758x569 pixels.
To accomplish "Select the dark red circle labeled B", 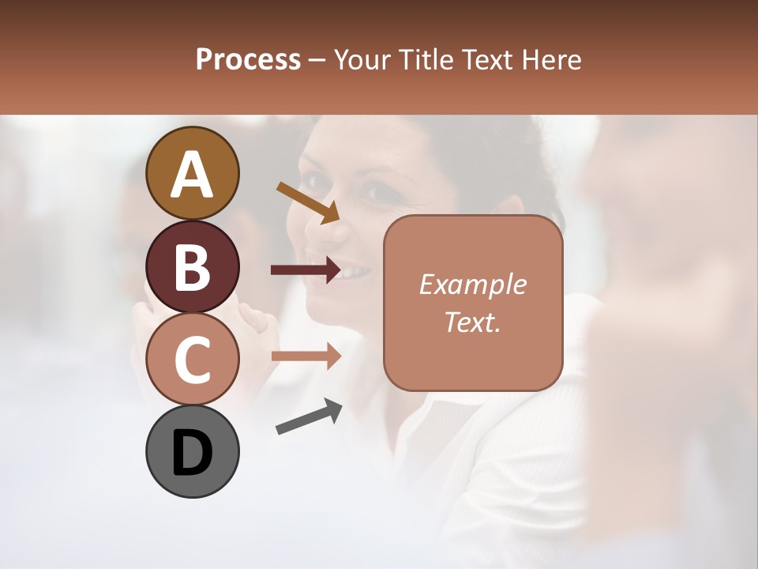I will tap(192, 266).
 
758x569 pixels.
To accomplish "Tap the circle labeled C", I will tap(192, 360).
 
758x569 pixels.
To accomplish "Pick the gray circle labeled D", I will tap(192, 452).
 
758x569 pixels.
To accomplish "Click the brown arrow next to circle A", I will tap(308, 202).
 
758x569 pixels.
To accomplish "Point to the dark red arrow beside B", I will tap(306, 270).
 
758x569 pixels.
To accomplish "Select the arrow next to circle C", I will tap(306, 356).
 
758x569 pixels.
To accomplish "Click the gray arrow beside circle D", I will tap(309, 416).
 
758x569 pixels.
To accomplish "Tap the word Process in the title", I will tap(248, 60).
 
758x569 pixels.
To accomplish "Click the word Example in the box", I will tap(472, 285).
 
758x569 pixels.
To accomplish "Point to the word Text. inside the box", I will tap(472, 322).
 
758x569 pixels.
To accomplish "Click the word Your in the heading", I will tap(363, 60).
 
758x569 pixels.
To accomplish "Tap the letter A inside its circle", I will tap(192, 174).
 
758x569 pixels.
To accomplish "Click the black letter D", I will tap(192, 452).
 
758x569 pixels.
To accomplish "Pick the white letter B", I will tap(192, 267).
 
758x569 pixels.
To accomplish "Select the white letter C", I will tap(192, 360).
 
